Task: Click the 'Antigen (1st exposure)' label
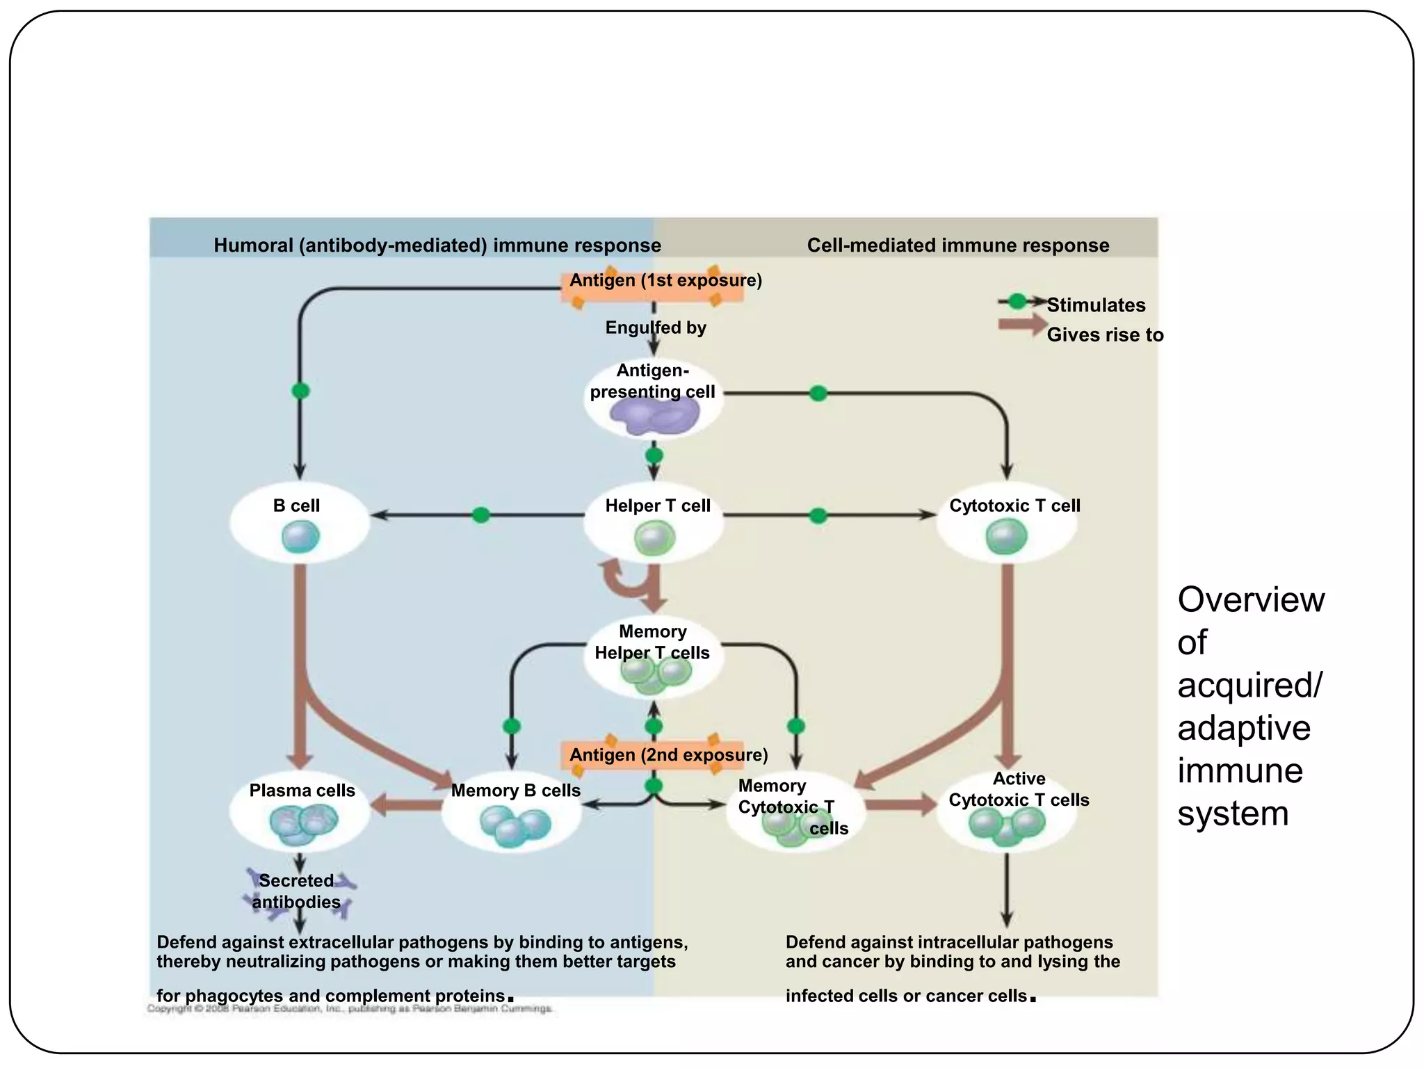tap(665, 280)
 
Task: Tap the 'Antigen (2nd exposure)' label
tap(668, 755)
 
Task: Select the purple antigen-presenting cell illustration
tap(654, 418)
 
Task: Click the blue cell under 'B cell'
tap(300, 537)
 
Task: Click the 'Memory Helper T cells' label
tap(652, 642)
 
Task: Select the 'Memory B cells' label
tap(515, 791)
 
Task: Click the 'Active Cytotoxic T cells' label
tap(1019, 789)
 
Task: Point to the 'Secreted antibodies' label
tap(296, 891)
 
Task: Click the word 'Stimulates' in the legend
tap(1096, 305)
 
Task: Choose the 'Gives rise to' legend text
tap(1105, 335)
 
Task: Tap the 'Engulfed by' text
tap(656, 327)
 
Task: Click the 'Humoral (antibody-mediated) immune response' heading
tap(437, 245)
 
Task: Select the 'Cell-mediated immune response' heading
tap(957, 245)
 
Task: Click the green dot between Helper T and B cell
tap(480, 515)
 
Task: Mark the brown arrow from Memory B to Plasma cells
tap(407, 806)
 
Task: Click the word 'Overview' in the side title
tap(1251, 599)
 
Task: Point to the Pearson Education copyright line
tap(350, 1008)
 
